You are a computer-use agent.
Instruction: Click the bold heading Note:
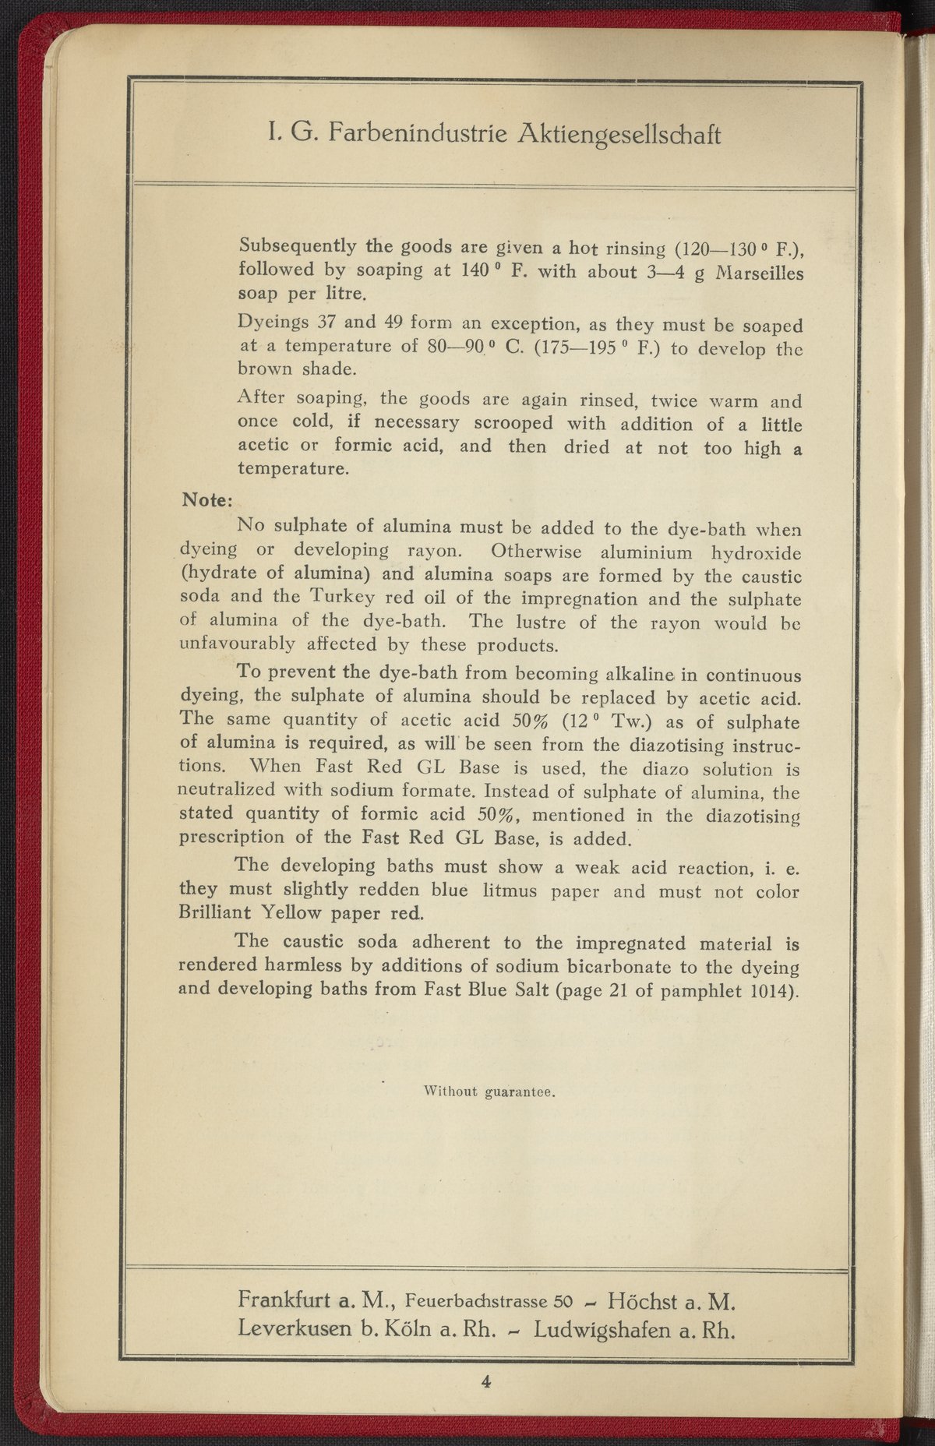point(203,498)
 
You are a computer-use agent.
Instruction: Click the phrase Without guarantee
point(489,1092)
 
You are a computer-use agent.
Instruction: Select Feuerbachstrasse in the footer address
point(478,1300)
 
